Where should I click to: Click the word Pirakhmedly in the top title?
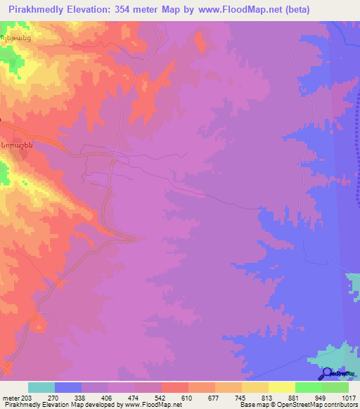[x=34, y=10]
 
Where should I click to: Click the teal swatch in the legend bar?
[x=41, y=387]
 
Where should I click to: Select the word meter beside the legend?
[x=11, y=397]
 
